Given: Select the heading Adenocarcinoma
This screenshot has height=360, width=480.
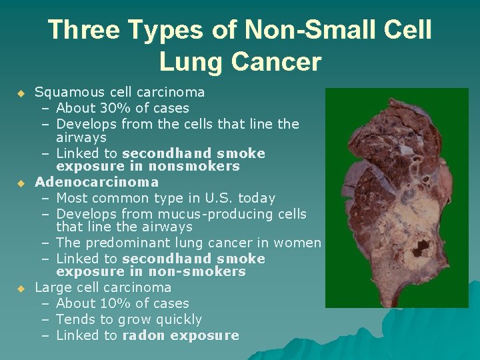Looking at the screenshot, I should pyautogui.click(x=97, y=181).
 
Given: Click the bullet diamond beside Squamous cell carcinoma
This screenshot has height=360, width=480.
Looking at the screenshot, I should pyautogui.click(x=20, y=93).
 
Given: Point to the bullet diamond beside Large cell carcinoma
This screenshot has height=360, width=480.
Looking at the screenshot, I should pyautogui.click(x=20, y=289).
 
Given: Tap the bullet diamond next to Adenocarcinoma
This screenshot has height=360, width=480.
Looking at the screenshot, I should pyautogui.click(x=20, y=182).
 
